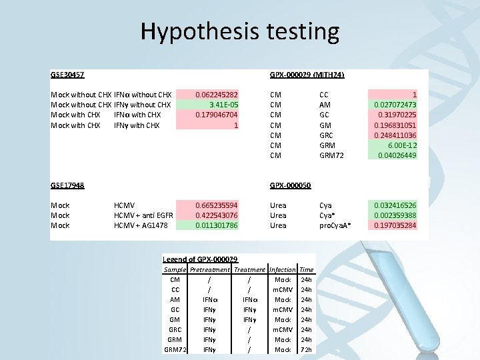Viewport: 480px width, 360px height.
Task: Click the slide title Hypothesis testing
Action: tap(239, 31)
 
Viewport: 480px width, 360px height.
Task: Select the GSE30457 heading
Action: tap(67, 75)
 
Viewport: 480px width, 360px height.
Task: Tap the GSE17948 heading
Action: tap(67, 185)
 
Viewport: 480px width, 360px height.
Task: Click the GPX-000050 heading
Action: tap(291, 185)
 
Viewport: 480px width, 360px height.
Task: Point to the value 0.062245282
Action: tap(217, 95)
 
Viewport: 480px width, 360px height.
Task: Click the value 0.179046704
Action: tap(217, 115)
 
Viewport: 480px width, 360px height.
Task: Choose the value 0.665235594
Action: tap(217, 205)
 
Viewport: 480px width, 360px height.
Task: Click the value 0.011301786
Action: tap(217, 225)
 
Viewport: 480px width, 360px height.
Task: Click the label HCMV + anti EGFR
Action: tap(143, 215)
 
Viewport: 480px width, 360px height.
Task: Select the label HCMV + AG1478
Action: tap(141, 225)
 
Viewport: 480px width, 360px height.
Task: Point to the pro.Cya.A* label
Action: tap(336, 225)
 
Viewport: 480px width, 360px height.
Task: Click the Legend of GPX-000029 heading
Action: tap(200, 259)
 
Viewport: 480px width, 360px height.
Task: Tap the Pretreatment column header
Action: tap(209, 270)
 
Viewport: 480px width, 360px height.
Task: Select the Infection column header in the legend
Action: tap(282, 270)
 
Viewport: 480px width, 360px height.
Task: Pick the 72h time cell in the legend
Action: tap(307, 350)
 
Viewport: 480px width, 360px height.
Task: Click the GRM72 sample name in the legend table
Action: tap(174, 350)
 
